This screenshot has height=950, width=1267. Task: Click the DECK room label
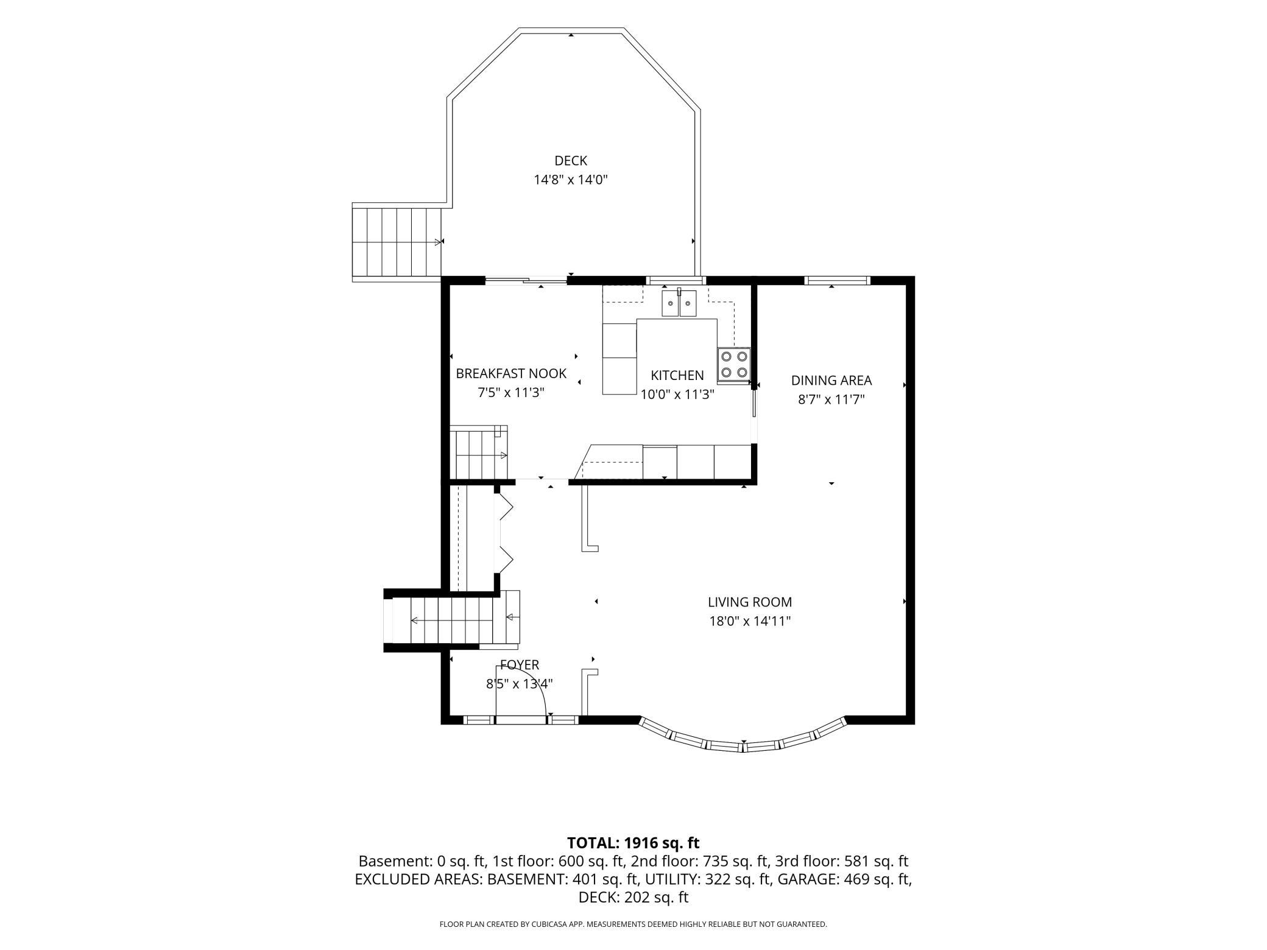(571, 161)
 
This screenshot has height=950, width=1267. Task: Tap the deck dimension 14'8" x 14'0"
(571, 180)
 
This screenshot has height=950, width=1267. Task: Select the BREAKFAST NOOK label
(511, 373)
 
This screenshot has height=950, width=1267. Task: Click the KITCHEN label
(677, 375)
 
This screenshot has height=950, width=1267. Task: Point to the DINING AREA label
(831, 381)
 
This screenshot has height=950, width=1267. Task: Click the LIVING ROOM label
(750, 602)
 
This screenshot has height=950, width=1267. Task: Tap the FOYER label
(520, 665)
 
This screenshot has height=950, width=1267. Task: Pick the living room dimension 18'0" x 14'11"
(749, 621)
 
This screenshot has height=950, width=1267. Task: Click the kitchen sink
(679, 303)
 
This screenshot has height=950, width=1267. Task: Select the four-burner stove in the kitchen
(733, 364)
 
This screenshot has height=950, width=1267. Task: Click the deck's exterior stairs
(397, 242)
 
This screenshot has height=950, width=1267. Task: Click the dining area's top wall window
(837, 281)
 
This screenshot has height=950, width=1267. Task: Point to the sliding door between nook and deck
(526, 281)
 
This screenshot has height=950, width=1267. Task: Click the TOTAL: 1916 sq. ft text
(633, 843)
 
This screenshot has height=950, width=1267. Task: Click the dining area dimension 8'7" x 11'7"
(831, 399)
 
